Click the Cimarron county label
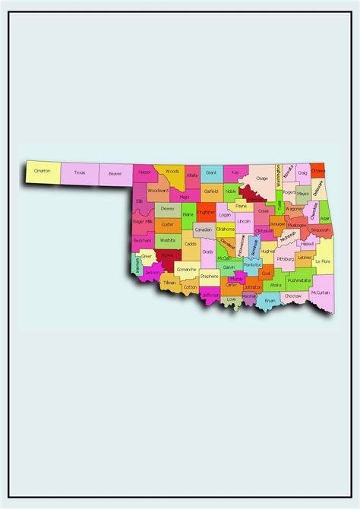click(43, 171)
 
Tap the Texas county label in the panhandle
click(80, 172)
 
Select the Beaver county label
click(115, 173)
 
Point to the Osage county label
click(261, 179)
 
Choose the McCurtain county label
click(321, 292)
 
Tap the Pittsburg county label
click(285, 259)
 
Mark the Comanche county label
click(187, 270)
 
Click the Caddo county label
click(190, 244)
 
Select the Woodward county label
click(158, 191)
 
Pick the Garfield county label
click(210, 191)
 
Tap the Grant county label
click(211, 173)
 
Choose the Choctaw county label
click(293, 296)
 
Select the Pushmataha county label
click(298, 280)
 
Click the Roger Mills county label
click(143, 221)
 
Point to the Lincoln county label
click(244, 221)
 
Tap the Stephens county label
click(210, 276)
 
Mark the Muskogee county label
click(297, 225)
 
